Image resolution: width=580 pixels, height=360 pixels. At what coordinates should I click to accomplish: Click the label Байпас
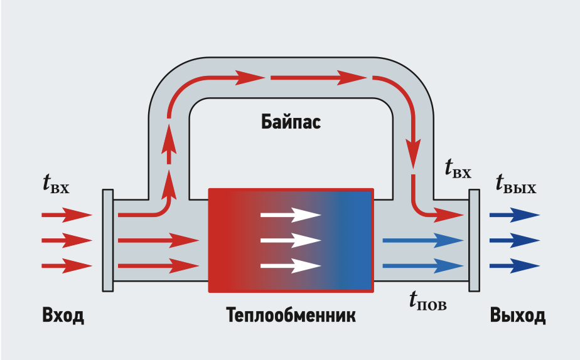[x=291, y=121]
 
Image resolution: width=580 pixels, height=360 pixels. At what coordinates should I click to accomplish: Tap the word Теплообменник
[x=291, y=315]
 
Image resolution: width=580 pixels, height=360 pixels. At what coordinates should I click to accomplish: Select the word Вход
[x=63, y=315]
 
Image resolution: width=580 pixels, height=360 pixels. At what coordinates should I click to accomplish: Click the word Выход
[x=518, y=315]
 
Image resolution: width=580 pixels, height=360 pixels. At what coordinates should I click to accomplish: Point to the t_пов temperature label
[x=427, y=303]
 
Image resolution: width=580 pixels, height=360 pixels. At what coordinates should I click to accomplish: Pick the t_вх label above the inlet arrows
[x=56, y=184]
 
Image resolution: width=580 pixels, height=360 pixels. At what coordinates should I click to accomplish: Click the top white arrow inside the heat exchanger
[x=291, y=215]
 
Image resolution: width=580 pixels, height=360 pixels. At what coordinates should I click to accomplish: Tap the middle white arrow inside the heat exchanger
[x=291, y=240]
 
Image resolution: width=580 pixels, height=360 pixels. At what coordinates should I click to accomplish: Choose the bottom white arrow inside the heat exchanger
[x=291, y=266]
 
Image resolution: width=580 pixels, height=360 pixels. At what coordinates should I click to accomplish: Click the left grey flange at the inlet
[x=107, y=240]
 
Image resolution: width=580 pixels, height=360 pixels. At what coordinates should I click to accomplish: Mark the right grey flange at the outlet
[x=474, y=240]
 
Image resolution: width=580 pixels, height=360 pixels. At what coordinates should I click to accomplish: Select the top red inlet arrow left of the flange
[x=67, y=215]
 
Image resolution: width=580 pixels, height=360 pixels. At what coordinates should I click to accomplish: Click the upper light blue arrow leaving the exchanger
[x=423, y=240]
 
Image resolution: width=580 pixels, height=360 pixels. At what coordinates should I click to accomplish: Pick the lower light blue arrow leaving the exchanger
[x=423, y=266]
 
